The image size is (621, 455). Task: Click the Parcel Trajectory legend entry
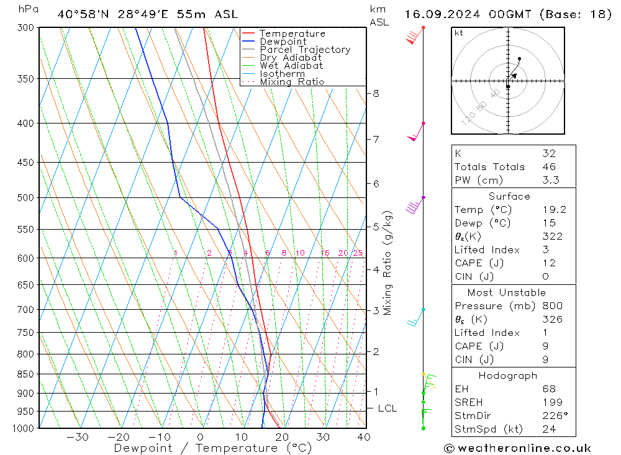tap(305, 50)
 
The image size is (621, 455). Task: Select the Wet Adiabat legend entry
tap(291, 66)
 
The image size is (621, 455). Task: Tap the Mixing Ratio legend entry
tap(292, 82)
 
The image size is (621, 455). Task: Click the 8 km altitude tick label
tap(376, 94)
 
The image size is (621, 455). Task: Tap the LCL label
tap(387, 408)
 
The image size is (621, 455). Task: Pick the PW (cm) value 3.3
tap(550, 180)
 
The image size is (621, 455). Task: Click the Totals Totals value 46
tap(548, 166)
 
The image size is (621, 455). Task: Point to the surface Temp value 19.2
tap(554, 210)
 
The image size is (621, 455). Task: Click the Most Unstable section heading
tap(507, 292)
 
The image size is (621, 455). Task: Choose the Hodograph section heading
tap(507, 376)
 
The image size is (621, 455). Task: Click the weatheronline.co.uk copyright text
tap(517, 448)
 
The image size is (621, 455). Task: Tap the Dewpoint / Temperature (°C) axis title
tap(212, 448)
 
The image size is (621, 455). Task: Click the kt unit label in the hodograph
tap(459, 33)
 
